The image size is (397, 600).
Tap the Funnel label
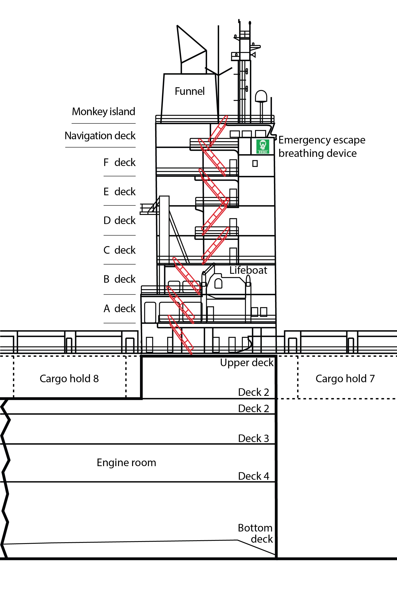tap(190, 91)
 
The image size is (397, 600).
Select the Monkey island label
tap(104, 112)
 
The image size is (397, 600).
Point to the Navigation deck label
tap(100, 136)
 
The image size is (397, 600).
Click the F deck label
tap(119, 162)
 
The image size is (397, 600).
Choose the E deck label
tap(119, 191)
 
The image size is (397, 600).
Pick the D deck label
tap(119, 220)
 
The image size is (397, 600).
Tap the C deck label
tap(119, 250)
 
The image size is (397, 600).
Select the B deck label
tap(119, 279)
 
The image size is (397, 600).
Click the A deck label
tap(119, 309)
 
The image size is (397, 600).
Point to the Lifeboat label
tap(248, 270)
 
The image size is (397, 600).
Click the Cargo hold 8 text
tap(69, 379)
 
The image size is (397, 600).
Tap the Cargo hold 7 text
tap(345, 379)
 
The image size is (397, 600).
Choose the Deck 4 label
tap(253, 476)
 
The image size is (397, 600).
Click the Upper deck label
tap(247, 363)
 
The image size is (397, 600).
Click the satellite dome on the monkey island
tap(261, 96)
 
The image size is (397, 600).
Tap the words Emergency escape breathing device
tap(322, 146)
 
